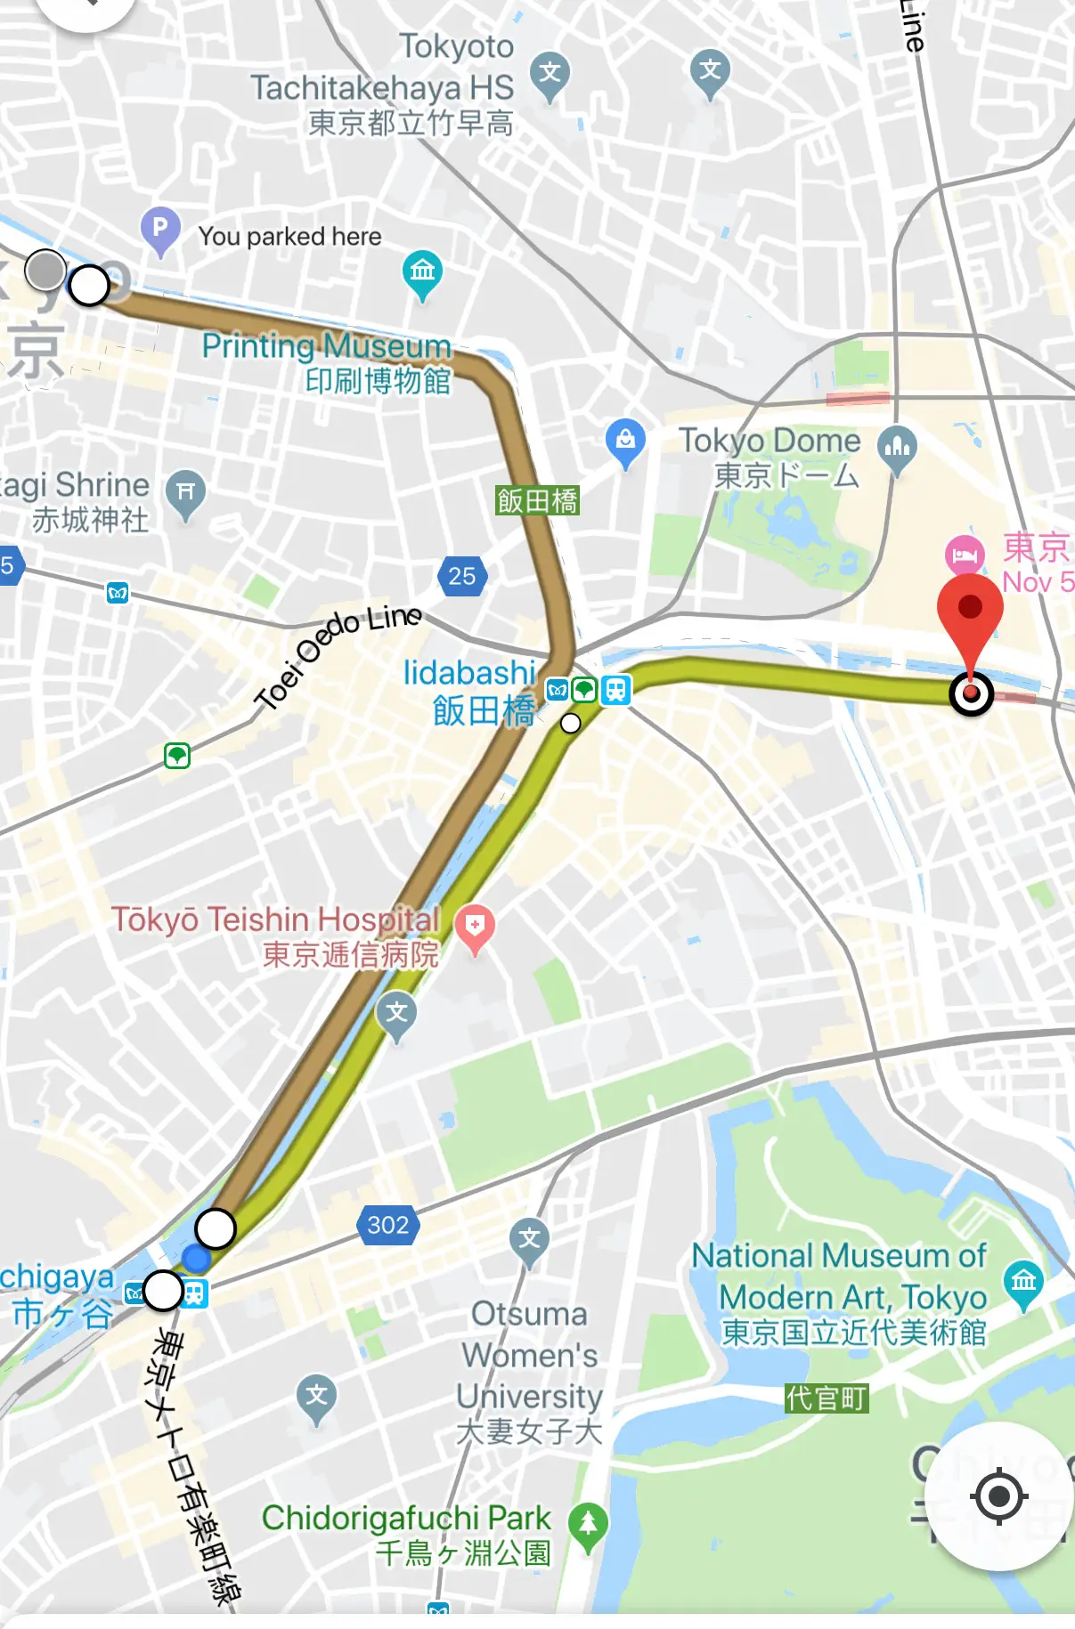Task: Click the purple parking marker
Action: click(160, 228)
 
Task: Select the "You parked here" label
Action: click(289, 237)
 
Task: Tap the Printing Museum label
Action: click(327, 362)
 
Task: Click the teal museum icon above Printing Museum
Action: click(422, 271)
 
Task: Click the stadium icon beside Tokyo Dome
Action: click(897, 446)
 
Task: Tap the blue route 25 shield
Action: click(461, 576)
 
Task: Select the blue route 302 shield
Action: click(388, 1225)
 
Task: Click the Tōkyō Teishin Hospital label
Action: click(276, 935)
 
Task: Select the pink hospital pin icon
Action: click(475, 926)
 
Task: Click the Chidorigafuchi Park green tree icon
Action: click(588, 1523)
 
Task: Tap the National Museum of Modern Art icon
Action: click(1023, 1281)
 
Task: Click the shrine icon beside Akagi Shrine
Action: click(185, 491)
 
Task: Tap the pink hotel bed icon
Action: click(965, 556)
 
